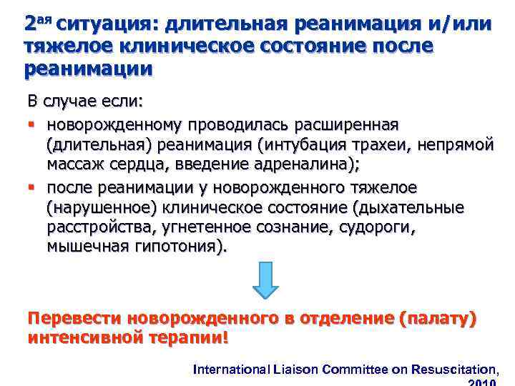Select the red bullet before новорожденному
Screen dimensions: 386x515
click(31, 125)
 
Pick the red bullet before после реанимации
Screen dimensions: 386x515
click(31, 187)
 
